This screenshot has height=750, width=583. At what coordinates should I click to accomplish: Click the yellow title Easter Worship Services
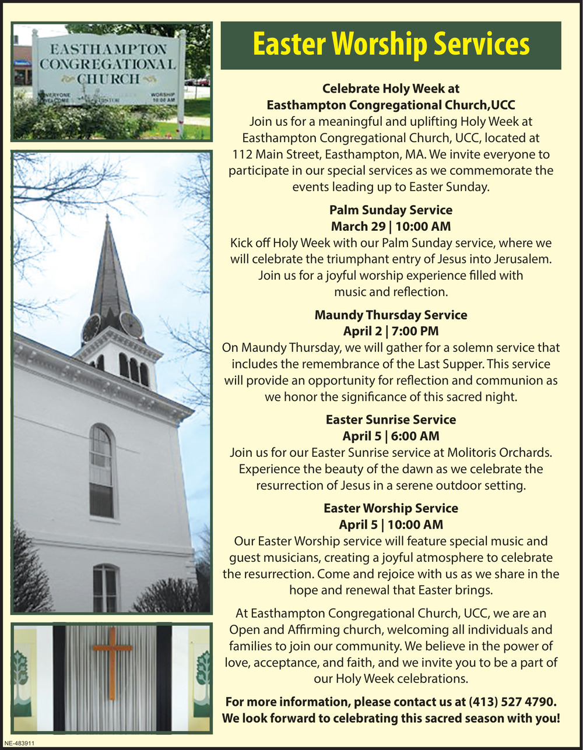point(391,45)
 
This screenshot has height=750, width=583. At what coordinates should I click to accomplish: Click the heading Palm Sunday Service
point(391,210)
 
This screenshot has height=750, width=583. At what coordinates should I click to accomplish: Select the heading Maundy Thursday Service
point(391,315)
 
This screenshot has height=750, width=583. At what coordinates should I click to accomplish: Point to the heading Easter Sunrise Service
point(391,420)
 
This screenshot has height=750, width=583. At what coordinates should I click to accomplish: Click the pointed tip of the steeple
point(107,219)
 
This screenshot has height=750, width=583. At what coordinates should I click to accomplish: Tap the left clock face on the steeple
point(90,328)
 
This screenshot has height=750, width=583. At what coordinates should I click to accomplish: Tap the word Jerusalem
point(520,259)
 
